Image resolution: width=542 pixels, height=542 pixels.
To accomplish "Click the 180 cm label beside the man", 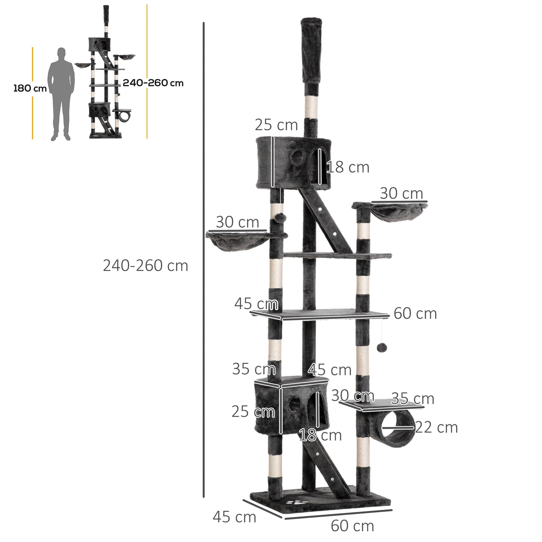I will tap(30, 88).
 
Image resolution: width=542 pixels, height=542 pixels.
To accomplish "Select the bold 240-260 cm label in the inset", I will tap(153, 83).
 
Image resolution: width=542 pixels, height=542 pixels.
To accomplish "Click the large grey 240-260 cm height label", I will tap(145, 266).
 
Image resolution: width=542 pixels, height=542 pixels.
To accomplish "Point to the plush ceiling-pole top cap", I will tap(311, 50).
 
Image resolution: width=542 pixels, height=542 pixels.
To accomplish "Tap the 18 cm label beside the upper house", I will tap(348, 167).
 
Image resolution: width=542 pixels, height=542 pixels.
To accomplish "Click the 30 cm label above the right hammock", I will tap(401, 194).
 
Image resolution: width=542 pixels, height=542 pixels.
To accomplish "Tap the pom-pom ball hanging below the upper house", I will tap(280, 218).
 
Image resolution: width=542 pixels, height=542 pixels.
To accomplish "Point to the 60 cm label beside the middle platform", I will tap(415, 314).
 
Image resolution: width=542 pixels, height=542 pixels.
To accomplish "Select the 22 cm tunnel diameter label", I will tap(436, 428).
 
